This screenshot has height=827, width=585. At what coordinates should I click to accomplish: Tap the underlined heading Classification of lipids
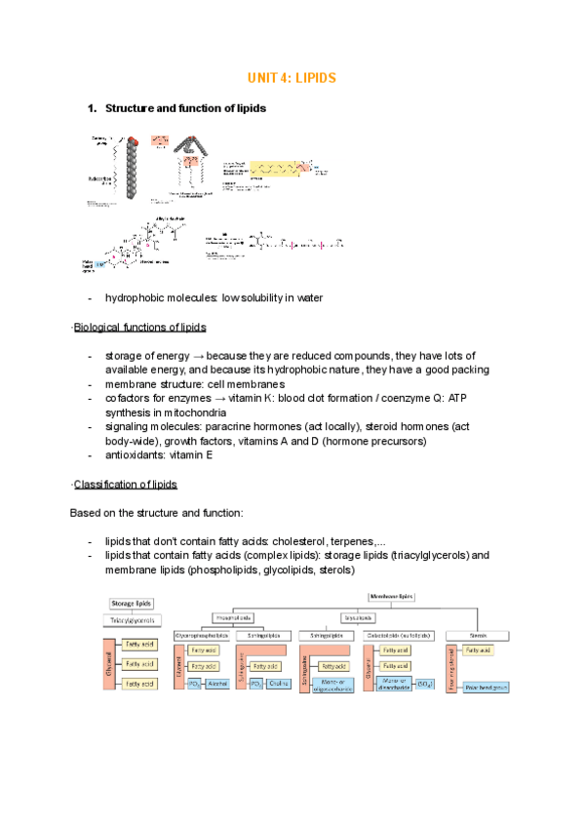[126, 485]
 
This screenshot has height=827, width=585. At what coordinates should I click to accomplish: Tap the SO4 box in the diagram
[428, 685]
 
